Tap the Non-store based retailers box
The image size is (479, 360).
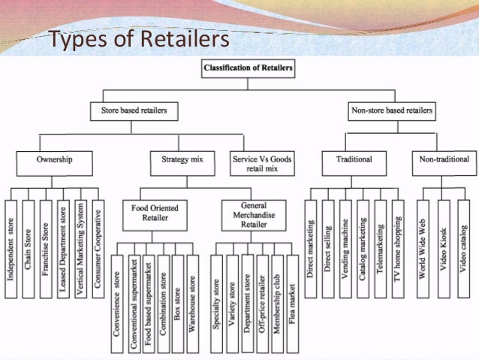coord(392,111)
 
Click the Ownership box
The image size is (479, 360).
coord(54,159)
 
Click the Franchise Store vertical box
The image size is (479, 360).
coord(47,249)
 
